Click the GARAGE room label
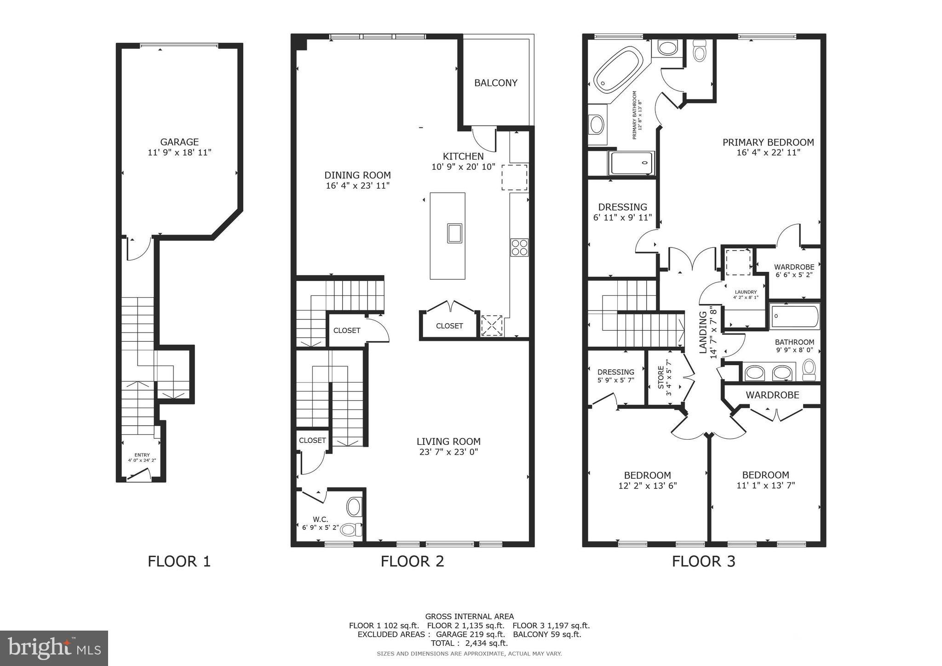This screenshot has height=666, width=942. click(179, 142)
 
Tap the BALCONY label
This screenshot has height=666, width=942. click(496, 83)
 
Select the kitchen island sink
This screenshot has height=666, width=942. click(454, 233)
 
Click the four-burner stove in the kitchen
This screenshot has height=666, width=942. click(519, 247)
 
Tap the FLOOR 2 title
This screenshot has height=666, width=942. click(412, 561)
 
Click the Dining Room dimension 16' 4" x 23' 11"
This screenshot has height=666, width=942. click(357, 186)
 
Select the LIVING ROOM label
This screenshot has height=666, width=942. click(448, 442)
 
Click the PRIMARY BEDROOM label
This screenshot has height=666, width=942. click(768, 143)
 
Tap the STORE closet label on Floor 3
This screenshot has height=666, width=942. click(661, 377)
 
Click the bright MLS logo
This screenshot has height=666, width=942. click(54, 648)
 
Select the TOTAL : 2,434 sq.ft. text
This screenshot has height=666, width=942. click(469, 643)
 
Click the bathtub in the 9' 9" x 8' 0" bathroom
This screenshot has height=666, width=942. click(795, 316)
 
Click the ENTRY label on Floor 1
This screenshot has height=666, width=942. click(142, 455)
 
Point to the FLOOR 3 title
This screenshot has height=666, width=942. click(703, 561)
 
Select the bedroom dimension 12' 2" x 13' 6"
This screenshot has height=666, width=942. click(647, 486)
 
